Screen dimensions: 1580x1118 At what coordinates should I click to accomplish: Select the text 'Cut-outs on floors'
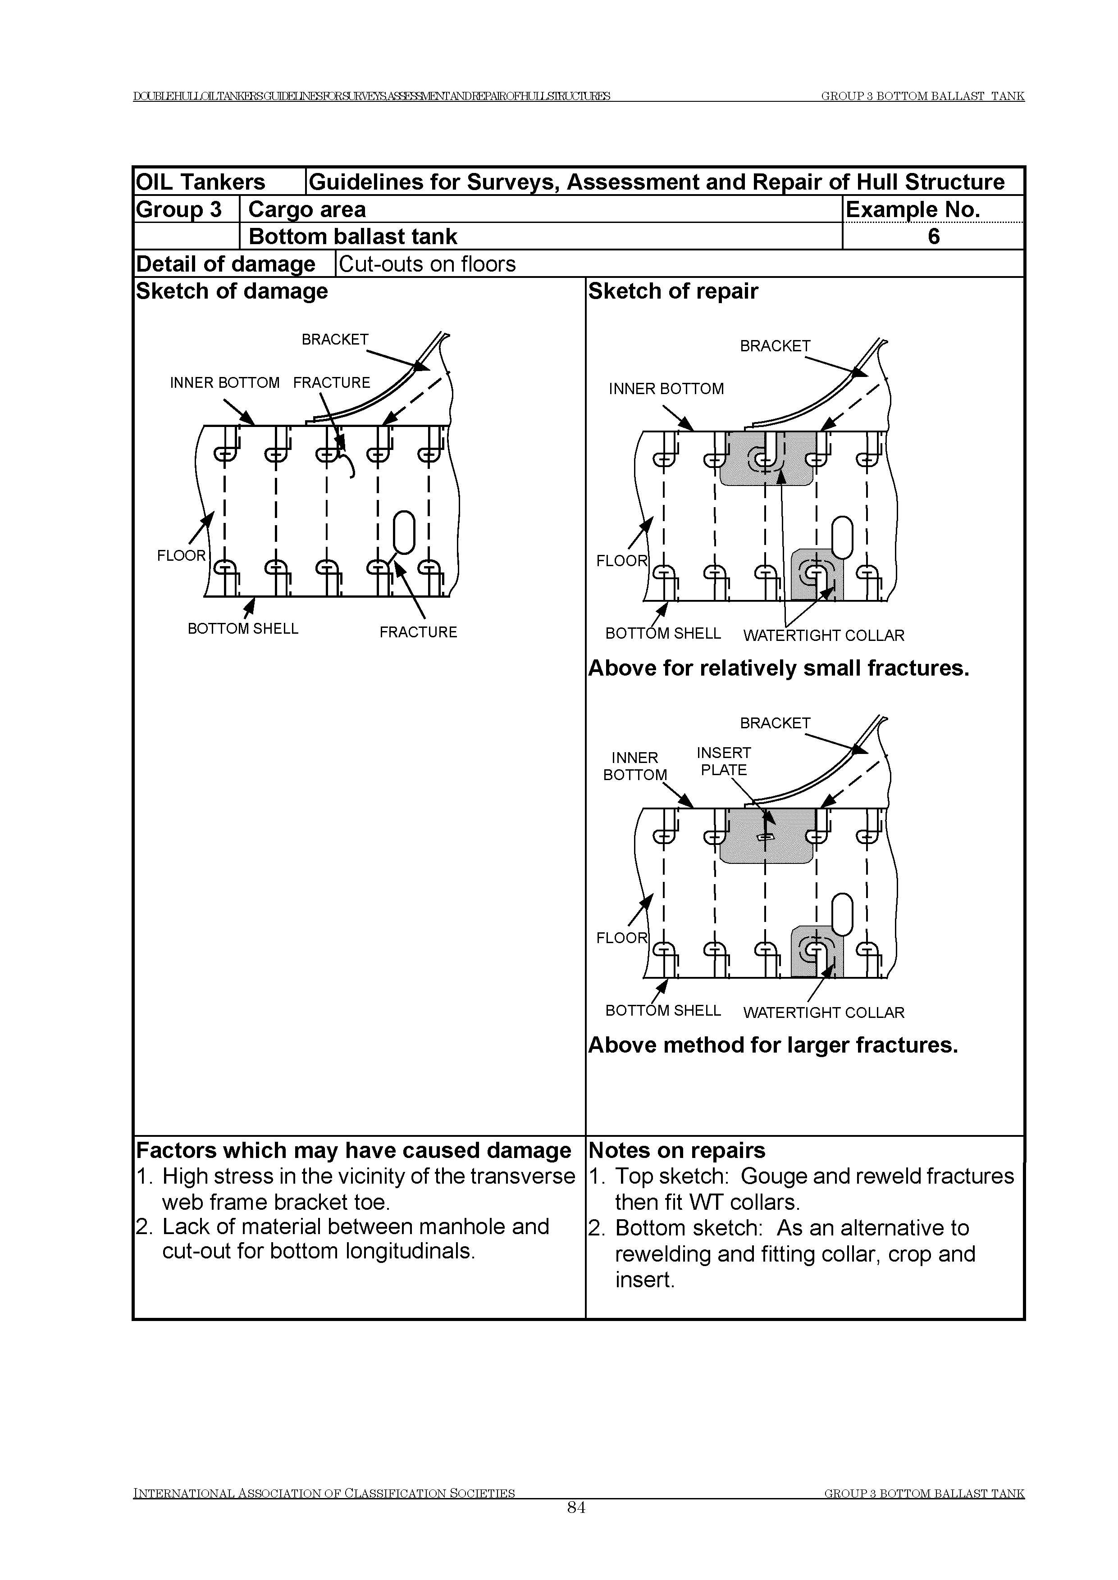427,263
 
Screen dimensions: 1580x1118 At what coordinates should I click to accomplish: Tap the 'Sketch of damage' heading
232,291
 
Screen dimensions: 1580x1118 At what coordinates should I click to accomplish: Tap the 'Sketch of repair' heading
673,291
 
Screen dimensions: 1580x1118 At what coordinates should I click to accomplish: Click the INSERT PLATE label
724,761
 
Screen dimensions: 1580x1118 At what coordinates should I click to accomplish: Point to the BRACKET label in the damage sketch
335,339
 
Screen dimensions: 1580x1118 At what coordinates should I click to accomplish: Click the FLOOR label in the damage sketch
181,555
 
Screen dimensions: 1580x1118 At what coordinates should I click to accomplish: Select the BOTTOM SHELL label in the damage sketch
243,628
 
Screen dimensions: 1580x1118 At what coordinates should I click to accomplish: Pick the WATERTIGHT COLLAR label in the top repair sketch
823,635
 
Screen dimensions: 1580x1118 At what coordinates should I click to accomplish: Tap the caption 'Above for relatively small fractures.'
778,668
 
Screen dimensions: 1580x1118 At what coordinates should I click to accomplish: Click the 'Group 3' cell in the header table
179,209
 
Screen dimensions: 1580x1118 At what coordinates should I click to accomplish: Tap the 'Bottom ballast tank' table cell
352,236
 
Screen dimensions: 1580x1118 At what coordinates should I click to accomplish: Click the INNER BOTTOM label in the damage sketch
224,382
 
